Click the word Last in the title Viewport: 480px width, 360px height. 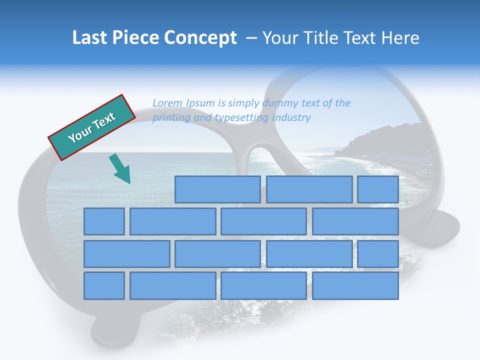pyautogui.click(x=90, y=38)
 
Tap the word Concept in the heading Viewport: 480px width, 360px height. pyautogui.click(x=201, y=38)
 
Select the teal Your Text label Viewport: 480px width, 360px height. pyautogui.click(x=91, y=127)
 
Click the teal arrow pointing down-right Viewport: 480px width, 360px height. pyautogui.click(x=120, y=169)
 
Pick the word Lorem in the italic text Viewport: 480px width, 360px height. pyautogui.click(x=168, y=103)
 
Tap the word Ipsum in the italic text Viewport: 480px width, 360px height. pyautogui.click(x=200, y=103)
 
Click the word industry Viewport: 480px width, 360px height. pyautogui.click(x=292, y=118)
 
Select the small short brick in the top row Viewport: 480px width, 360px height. pyautogui.click(x=377, y=189)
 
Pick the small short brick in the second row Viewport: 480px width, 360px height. pyautogui.click(x=104, y=221)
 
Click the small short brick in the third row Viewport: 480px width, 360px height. pyautogui.click(x=377, y=253)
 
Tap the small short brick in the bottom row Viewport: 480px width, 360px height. pyautogui.click(x=104, y=285)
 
